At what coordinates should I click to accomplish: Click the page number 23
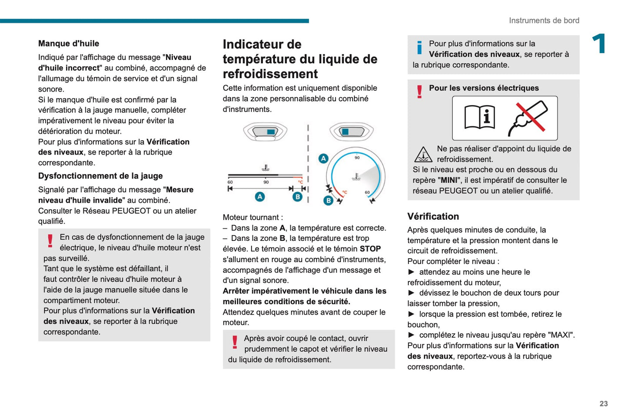click(603, 404)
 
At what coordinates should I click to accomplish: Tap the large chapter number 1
click(599, 44)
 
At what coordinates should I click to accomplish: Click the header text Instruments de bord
click(544, 20)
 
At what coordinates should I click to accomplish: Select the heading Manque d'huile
click(69, 43)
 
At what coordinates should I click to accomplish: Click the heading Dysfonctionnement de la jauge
click(100, 176)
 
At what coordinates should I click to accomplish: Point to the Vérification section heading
click(433, 217)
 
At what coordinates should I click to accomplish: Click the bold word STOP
click(370, 249)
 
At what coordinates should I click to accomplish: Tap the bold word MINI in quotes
click(449, 180)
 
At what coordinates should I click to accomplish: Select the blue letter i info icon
click(419, 47)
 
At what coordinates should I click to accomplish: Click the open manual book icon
click(480, 118)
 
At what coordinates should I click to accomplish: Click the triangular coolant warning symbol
click(423, 155)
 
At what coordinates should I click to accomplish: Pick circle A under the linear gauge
click(259, 197)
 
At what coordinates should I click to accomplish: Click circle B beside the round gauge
click(329, 200)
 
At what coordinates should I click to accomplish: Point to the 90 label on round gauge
click(357, 158)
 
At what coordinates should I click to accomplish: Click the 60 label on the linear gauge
click(230, 182)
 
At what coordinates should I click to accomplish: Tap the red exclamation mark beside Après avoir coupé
click(235, 342)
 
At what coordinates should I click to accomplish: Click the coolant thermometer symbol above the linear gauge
click(265, 168)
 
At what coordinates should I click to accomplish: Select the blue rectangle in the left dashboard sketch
click(271, 132)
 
